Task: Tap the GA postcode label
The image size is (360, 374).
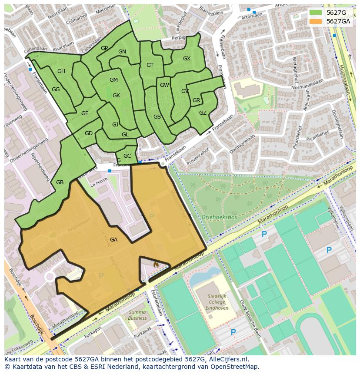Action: (113, 240)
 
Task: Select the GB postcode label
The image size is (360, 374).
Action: (60, 182)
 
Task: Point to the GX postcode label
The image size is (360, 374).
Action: (187, 59)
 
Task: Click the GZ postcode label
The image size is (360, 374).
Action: (203, 113)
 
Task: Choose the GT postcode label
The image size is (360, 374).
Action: (150, 65)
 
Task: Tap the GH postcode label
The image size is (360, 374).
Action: (61, 71)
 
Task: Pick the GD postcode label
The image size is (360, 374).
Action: (89, 133)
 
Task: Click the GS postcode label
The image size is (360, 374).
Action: (157, 117)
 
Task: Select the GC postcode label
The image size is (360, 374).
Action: (127, 156)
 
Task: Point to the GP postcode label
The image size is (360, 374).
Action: (104, 48)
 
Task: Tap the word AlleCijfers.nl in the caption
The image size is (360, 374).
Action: (226, 359)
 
